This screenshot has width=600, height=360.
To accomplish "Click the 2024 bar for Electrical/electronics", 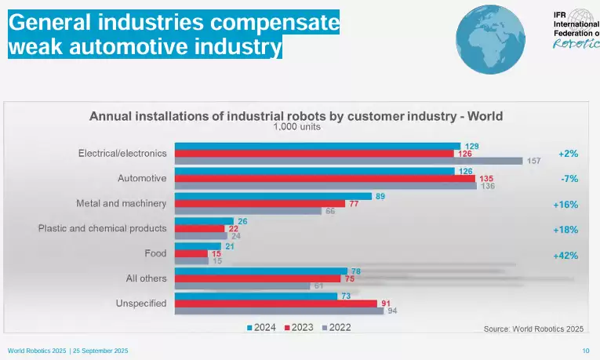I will tap(317, 146).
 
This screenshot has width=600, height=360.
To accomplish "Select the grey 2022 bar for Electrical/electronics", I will tap(348, 162).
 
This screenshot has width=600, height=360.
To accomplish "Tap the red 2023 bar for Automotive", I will tap(324, 179).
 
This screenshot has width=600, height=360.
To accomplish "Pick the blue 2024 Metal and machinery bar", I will tap(273, 196).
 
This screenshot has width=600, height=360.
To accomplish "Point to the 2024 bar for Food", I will tap(198, 246).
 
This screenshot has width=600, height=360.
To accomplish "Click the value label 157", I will tap(534, 162).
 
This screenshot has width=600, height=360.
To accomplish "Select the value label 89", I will tap(380, 196).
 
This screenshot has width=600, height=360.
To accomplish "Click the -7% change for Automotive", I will tap(569, 179).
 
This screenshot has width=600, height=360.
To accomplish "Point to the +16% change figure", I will tap(565, 205).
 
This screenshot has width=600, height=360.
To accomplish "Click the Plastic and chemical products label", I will tap(102, 229).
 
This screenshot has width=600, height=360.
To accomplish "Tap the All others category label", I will tap(146, 278).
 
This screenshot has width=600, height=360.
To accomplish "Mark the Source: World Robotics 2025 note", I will tap(533, 329).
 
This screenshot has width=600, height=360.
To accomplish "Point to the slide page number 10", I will tap(585, 350).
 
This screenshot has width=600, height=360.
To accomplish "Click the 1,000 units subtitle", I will tap(296, 127).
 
